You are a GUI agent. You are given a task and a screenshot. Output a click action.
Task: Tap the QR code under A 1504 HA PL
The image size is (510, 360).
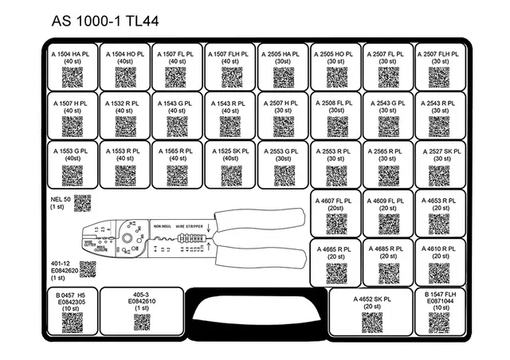pos(73,77)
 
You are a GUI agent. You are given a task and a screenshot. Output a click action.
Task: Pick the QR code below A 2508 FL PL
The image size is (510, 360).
pos(335,127)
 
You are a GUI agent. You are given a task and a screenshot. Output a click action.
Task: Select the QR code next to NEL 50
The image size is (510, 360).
pos(84,203)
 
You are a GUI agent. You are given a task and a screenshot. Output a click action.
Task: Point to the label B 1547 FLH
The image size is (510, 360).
pos(439,294)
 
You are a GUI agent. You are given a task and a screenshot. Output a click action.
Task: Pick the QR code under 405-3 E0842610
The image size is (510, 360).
pos(142,322)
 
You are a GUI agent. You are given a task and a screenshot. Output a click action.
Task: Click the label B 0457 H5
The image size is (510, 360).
pos(72,294)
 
